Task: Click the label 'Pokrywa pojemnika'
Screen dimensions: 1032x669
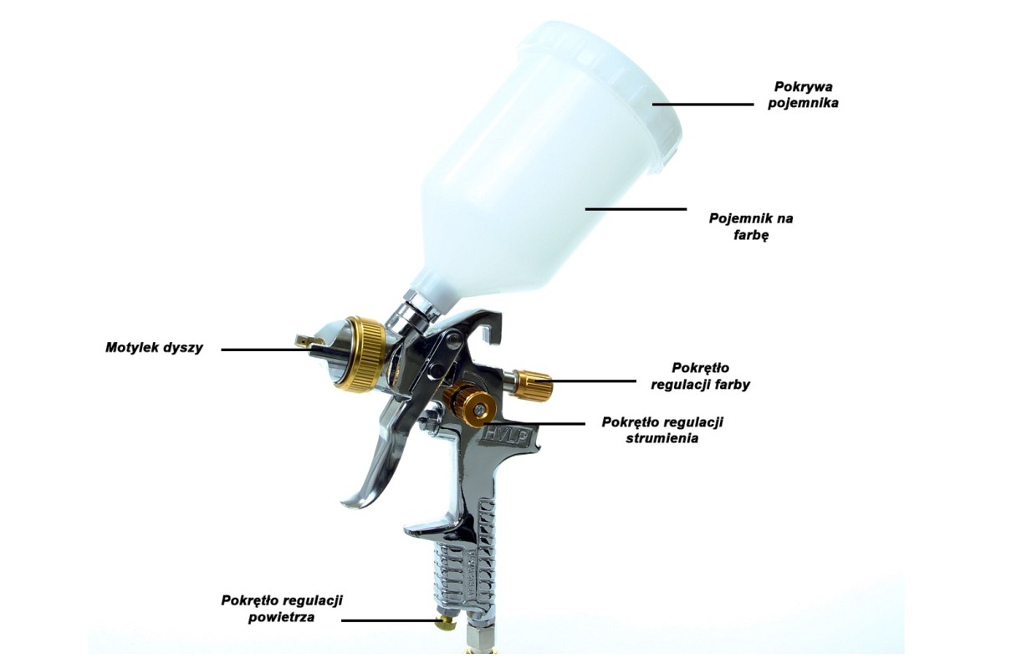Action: pyautogui.click(x=803, y=94)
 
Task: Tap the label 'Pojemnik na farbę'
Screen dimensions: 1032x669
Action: pyautogui.click(x=751, y=227)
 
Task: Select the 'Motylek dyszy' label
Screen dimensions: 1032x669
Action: pyautogui.click(x=155, y=347)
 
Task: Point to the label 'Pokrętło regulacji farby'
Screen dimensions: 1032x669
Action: pyautogui.click(x=700, y=376)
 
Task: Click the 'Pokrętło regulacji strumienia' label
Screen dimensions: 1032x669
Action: pyautogui.click(x=662, y=430)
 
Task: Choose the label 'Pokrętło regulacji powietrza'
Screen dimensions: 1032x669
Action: pyautogui.click(x=282, y=609)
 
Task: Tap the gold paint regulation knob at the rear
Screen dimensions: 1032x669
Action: pyautogui.click(x=534, y=385)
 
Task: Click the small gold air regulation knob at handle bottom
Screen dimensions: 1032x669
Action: pyautogui.click(x=447, y=622)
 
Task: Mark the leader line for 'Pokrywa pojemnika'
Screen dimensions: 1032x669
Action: pyautogui.click(x=703, y=105)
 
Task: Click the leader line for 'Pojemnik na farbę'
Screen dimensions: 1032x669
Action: pyautogui.click(x=636, y=209)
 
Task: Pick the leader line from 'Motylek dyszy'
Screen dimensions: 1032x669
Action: pyautogui.click(x=272, y=350)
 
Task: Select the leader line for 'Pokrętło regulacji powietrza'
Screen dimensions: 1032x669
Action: pyautogui.click(x=391, y=620)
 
